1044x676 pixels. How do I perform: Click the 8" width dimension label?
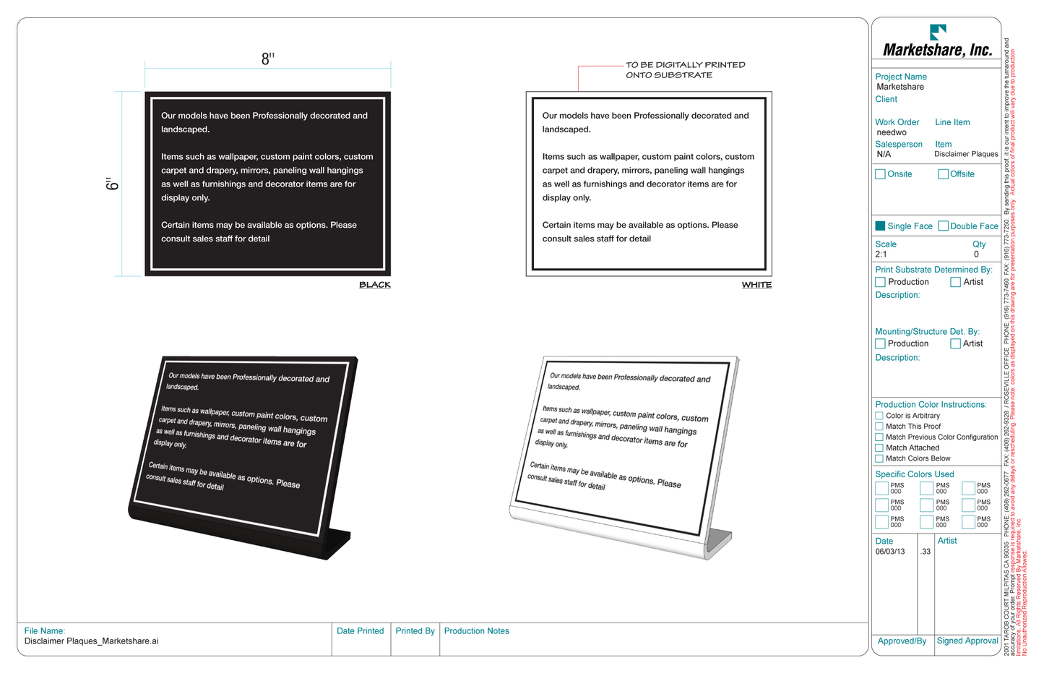[267, 59]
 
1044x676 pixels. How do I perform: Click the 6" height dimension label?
[112, 184]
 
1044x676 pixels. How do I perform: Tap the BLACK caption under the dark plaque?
[374, 285]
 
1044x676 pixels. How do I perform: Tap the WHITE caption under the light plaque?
[756, 285]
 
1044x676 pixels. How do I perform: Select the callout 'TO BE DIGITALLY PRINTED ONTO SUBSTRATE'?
[684, 70]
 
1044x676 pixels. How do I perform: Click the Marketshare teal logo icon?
[937, 32]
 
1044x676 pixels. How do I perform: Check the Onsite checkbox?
[880, 174]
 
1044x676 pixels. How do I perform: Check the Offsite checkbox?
[943, 174]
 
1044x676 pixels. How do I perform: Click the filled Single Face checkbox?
[880, 226]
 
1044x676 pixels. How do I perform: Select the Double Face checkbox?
[943, 226]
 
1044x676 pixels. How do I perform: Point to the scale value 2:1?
[881, 254]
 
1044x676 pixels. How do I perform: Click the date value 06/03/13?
[889, 552]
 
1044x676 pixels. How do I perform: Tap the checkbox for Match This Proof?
[879, 427]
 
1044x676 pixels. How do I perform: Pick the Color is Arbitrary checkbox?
[879, 416]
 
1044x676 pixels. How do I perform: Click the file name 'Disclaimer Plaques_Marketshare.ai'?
[91, 641]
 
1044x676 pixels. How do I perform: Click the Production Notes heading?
[476, 631]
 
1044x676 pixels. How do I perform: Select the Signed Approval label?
[967, 641]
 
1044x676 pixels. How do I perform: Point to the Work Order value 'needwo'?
[891, 133]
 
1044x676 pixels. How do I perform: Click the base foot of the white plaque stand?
[718, 542]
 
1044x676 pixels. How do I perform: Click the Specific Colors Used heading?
[914, 474]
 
